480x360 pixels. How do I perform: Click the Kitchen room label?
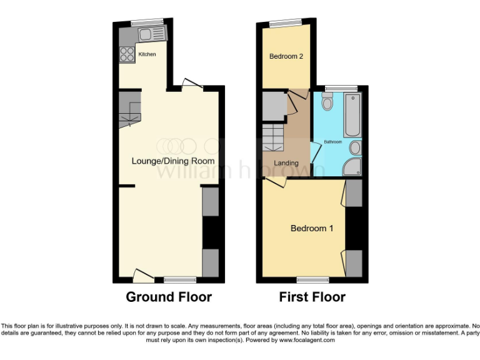point(147,54)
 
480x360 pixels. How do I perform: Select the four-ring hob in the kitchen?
point(127,54)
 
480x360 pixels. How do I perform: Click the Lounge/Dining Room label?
point(173,161)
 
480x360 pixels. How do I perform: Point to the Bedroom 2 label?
point(286,56)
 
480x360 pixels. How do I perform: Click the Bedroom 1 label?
point(312,228)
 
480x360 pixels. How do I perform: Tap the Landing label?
point(286,163)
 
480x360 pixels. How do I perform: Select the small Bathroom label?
point(332,142)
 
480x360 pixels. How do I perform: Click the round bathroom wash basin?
point(355,147)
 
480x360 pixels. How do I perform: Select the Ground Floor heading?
point(169,297)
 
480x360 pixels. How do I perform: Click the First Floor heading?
point(312,297)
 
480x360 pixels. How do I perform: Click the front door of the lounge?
point(144,274)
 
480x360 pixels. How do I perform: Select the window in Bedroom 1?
point(312,278)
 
